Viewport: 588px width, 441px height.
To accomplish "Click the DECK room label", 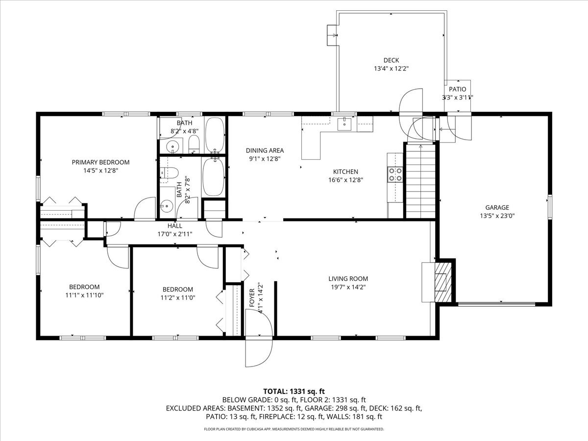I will [391, 60].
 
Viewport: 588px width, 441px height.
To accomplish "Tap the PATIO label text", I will [457, 89].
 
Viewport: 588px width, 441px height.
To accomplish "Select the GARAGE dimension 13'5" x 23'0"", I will [497, 215].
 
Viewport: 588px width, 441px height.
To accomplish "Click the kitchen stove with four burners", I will [395, 174].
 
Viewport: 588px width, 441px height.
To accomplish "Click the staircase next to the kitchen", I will [420, 181].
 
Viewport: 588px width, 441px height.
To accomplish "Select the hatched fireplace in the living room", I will [443, 281].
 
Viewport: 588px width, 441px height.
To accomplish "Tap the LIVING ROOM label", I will [348, 279].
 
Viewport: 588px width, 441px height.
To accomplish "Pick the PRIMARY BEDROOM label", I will [100, 162].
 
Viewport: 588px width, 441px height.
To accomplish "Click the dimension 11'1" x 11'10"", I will [84, 295].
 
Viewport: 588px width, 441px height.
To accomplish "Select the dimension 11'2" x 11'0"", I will [177, 297].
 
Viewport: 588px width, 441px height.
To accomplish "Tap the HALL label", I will [175, 226].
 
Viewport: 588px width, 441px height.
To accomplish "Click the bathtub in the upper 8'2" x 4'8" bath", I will [215, 134].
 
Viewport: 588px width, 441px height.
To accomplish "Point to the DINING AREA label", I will [265, 150].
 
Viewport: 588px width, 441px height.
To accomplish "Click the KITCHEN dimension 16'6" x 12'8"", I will [345, 180].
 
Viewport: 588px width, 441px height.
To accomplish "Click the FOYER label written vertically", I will [252, 298].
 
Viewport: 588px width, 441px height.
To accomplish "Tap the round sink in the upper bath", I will [172, 146].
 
